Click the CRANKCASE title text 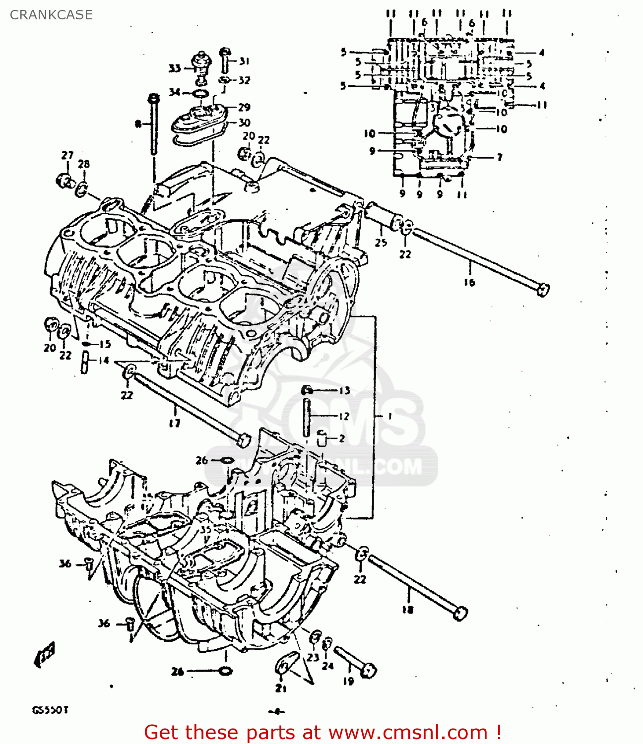point(51,15)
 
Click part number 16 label point(469,283)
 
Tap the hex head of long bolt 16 point(543,289)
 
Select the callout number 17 point(175,423)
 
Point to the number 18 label point(407,610)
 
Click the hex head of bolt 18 point(460,614)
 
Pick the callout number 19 point(348,682)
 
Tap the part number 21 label point(281,688)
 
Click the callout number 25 point(381,243)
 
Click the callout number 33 point(175,68)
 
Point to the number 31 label point(244,62)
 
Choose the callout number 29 point(244,107)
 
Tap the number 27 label point(67,155)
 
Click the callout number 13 point(344,390)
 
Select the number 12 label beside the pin point(344,416)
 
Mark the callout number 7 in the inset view point(499,158)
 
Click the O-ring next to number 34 point(200,94)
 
